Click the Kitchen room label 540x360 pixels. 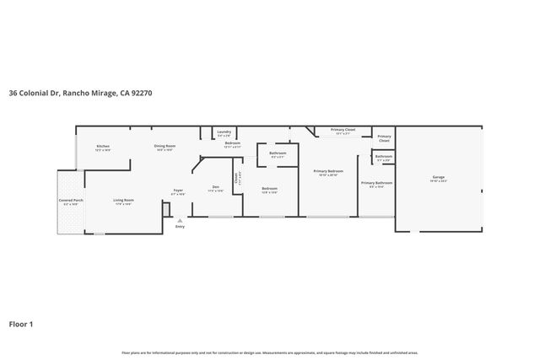point(103,146)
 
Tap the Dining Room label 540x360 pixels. point(165,146)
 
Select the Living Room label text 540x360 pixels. point(124,200)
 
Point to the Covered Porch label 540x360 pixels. point(70,200)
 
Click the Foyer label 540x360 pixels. point(178,190)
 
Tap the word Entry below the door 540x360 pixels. point(179,227)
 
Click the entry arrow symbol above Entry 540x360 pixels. point(179,220)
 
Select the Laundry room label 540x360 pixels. point(224,132)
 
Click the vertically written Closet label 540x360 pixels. point(237,177)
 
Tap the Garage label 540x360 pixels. point(439,177)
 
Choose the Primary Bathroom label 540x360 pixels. point(376,182)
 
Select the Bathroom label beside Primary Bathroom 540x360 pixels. point(384,155)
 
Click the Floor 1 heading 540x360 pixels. point(21,323)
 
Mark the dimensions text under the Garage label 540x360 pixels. point(439,181)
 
